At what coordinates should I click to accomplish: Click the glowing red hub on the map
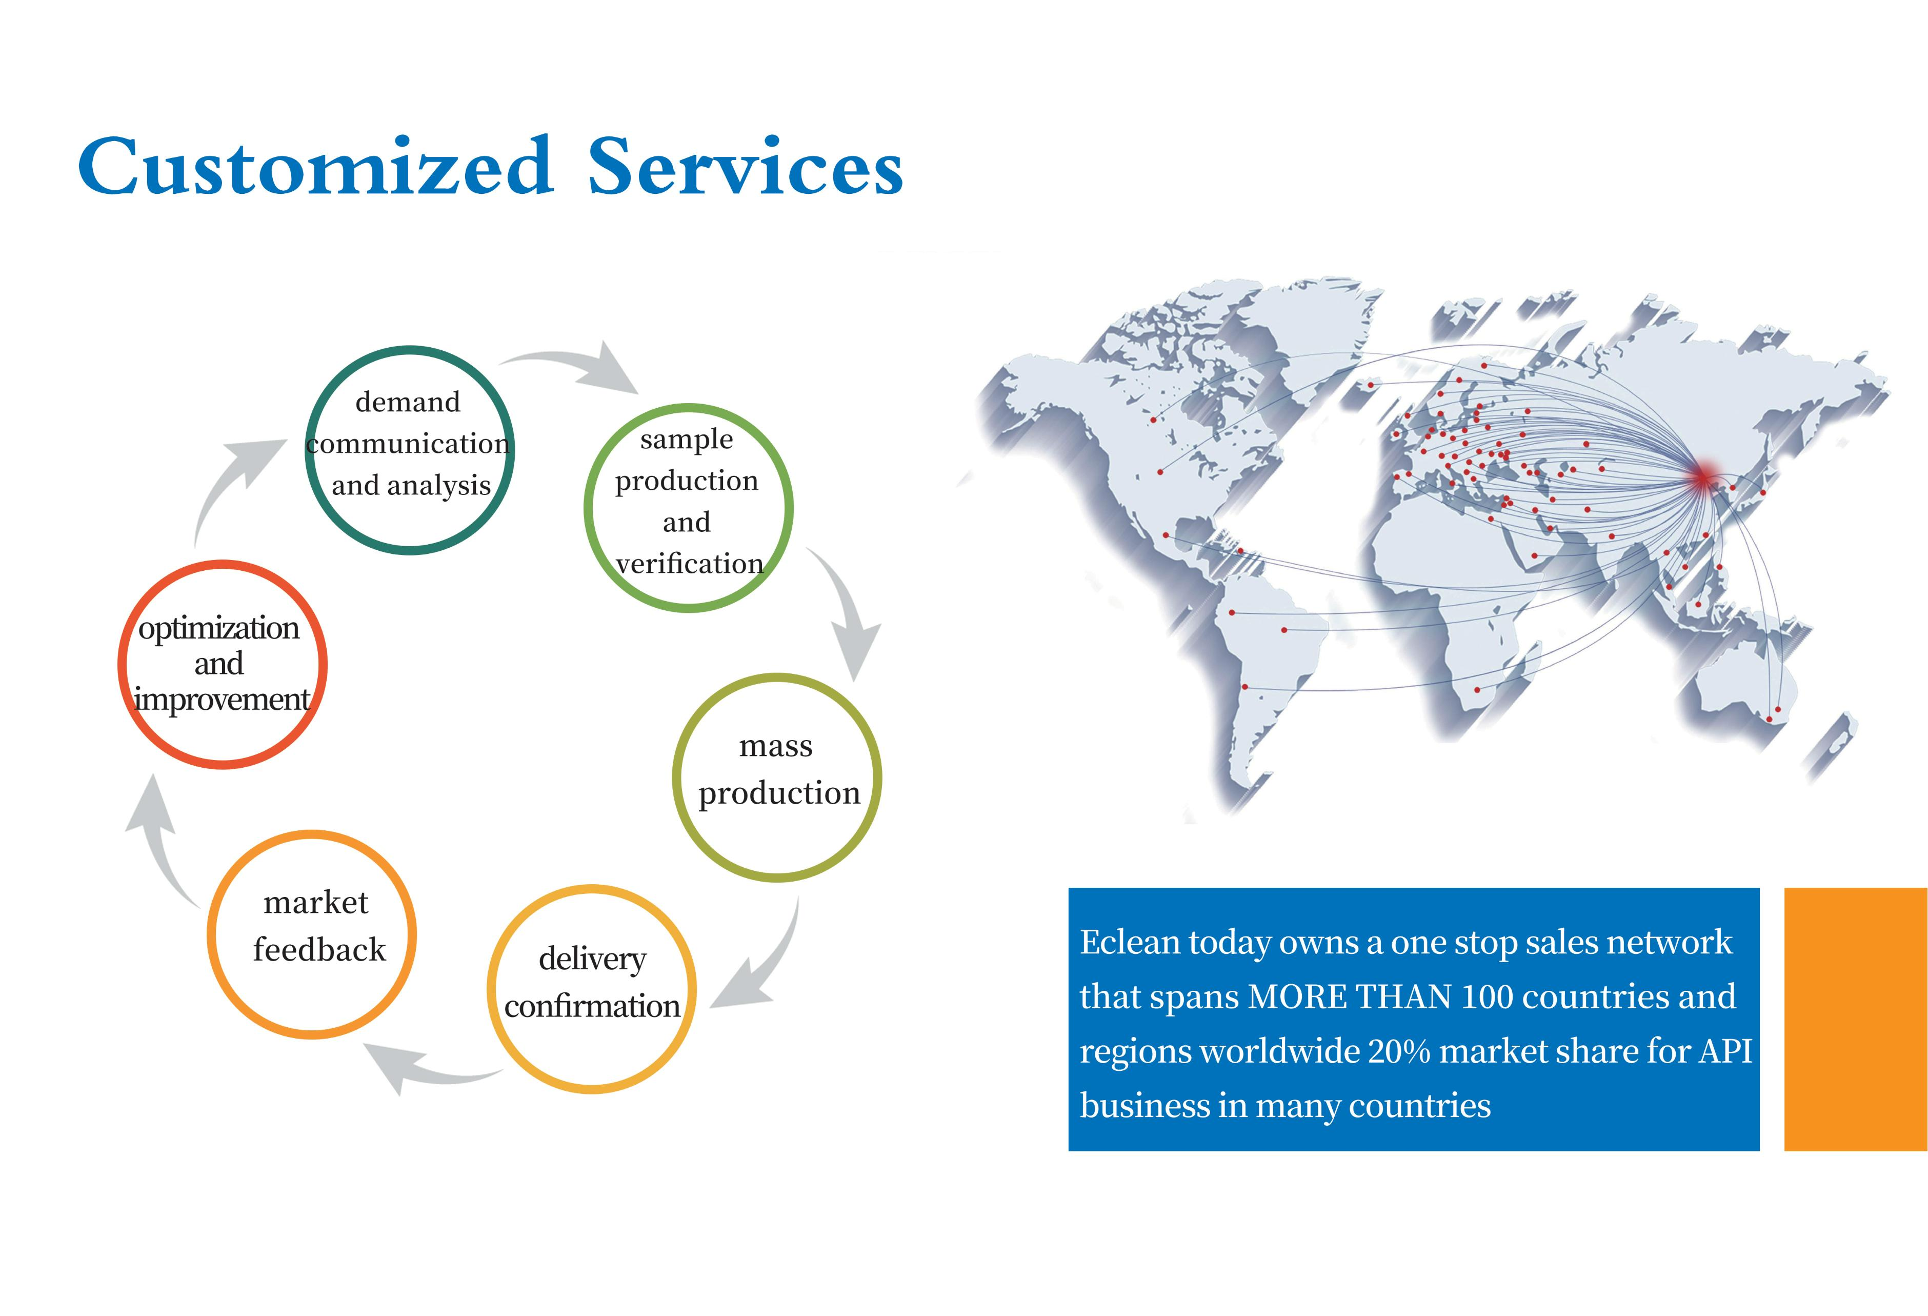coord(1702,476)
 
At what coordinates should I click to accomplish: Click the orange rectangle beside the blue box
coord(1856,1020)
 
